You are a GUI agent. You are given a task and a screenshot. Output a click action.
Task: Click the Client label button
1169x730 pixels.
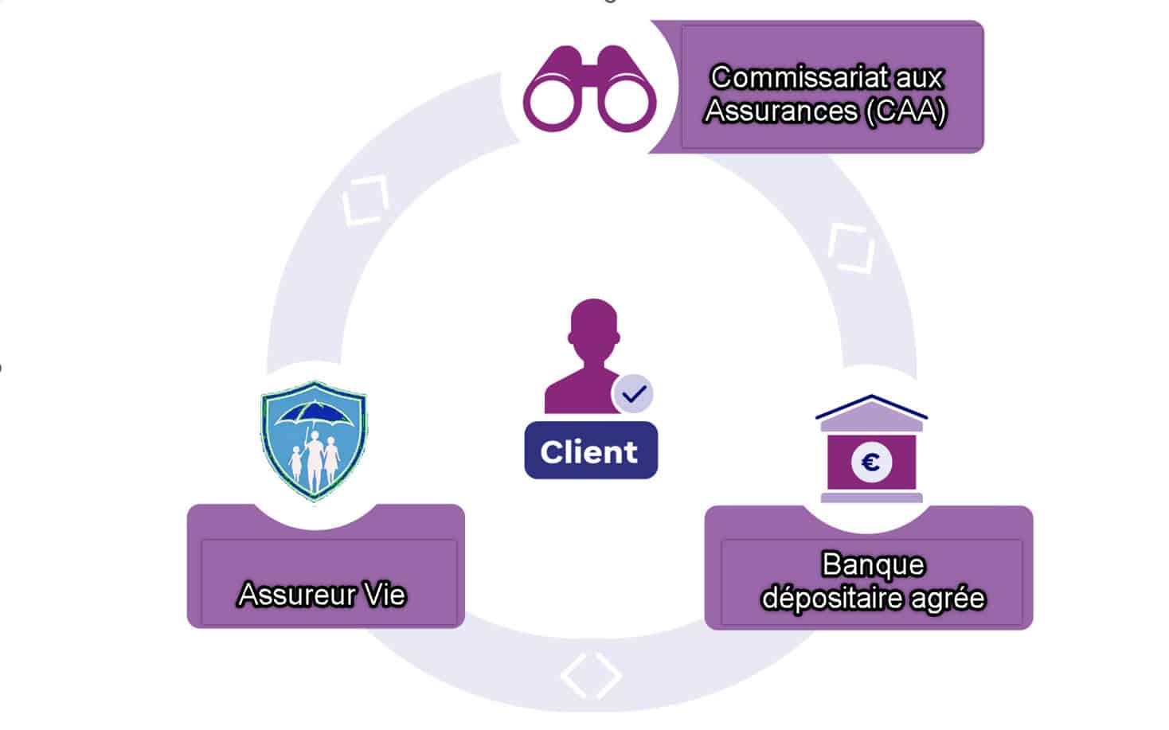pos(590,451)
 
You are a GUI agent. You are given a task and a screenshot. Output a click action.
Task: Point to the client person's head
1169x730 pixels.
pos(594,326)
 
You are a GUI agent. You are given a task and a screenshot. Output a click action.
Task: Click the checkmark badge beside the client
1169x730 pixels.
pos(634,394)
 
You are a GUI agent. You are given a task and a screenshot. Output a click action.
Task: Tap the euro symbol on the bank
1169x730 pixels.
pos(871,462)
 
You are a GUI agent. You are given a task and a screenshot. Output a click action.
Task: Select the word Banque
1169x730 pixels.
pos(873,564)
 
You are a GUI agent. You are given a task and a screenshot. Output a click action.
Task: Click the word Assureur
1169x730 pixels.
pos(287,595)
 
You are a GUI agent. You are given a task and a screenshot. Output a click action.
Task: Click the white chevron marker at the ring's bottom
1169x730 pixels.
pos(590,675)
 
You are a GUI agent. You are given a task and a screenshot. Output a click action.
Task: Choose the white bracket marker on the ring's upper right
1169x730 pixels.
pos(850,248)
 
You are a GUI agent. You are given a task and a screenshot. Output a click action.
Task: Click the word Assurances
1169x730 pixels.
pos(781,111)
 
